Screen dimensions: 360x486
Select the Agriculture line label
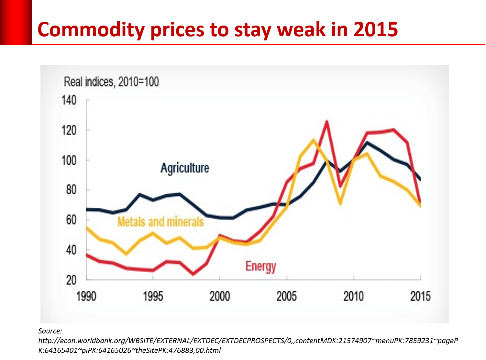(185, 168)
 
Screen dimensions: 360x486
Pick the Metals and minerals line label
(160, 222)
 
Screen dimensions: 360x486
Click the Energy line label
(261, 266)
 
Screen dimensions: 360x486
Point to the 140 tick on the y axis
(69, 100)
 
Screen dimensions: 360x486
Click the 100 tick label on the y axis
(69, 160)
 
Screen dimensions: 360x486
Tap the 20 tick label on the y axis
(71, 280)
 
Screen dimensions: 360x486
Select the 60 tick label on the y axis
(71, 220)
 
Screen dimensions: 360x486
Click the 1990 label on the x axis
(86, 296)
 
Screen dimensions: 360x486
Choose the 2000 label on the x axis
(220, 296)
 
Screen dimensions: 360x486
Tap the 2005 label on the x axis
(286, 296)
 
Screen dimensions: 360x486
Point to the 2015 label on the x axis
(420, 296)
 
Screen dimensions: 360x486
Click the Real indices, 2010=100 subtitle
(111, 82)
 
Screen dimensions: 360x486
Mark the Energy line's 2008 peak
(327, 122)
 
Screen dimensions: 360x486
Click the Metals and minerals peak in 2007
(313, 140)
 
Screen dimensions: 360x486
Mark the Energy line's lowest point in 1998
(193, 274)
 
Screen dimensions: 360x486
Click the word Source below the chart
(50, 331)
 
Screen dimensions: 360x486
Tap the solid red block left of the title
(16, 22)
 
